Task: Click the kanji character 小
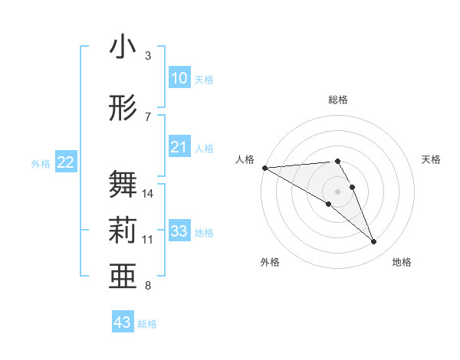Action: [123, 47]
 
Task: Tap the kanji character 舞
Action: [123, 185]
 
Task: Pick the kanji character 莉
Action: [123, 231]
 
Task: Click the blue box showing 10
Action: [179, 78]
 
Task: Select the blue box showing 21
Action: [179, 147]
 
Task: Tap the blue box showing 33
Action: [179, 231]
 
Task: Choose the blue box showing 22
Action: [66, 162]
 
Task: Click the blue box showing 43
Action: [123, 322]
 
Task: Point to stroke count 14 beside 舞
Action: [148, 194]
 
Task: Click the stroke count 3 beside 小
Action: [148, 56]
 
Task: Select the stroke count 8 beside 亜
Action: [148, 286]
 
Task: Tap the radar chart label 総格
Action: [337, 100]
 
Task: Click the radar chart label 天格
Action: [432, 159]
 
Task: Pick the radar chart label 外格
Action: [270, 262]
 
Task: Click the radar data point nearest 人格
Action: [264, 167]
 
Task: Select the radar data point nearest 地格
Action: [374, 242]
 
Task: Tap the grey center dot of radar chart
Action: [337, 191]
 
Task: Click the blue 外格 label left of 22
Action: [41, 163]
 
